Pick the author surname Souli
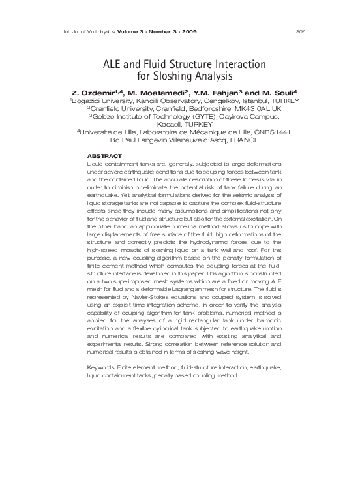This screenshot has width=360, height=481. pyautogui.click(x=282, y=93)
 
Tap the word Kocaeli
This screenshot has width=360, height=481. pyautogui.click(x=162, y=123)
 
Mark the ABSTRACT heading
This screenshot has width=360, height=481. pyautogui.click(x=104, y=156)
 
